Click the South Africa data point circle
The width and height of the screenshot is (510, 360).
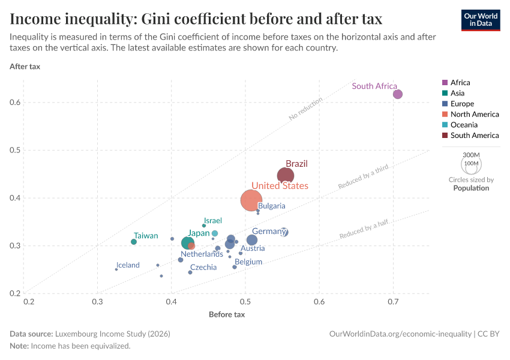click(x=397, y=94)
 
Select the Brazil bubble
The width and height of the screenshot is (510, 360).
click(x=286, y=176)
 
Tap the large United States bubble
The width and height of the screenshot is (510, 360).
click(x=251, y=200)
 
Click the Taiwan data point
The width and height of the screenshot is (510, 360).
click(x=134, y=242)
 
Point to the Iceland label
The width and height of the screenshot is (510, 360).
click(x=128, y=265)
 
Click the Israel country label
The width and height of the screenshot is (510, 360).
click(x=213, y=221)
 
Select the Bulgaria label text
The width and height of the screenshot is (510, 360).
click(x=272, y=206)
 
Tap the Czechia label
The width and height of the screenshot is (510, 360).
click(x=203, y=268)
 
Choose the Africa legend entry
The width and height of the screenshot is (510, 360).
click(x=460, y=83)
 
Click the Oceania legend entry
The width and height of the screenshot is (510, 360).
click(x=464, y=125)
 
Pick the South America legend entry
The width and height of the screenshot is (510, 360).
click(x=474, y=136)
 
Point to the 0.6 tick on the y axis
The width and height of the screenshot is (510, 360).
click(x=16, y=103)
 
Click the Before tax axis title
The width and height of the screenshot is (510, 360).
click(x=227, y=314)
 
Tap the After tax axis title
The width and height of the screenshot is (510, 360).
click(x=25, y=66)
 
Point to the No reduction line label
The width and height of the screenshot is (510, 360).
click(x=305, y=109)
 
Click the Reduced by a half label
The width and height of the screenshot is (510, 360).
click(x=364, y=229)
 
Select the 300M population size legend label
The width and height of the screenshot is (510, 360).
click(x=471, y=155)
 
